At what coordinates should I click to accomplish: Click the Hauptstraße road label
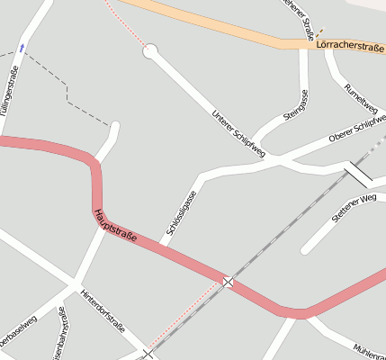tap(115, 226)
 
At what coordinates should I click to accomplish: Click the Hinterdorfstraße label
tap(102, 310)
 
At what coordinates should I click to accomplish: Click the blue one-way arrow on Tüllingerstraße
tap(22, 47)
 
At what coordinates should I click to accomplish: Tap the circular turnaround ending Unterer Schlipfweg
tap(150, 51)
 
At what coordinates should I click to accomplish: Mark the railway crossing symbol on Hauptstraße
tap(228, 282)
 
